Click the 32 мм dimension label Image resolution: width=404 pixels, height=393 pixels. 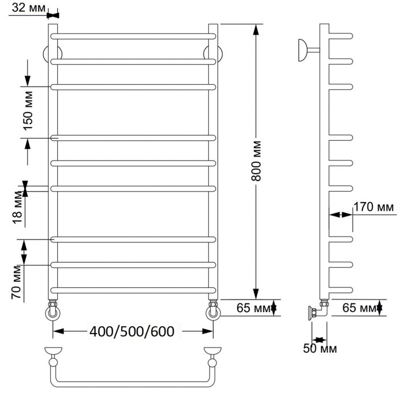(29, 8)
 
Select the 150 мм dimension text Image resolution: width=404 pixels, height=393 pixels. (28, 111)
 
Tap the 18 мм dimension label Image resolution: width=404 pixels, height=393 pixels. (18, 208)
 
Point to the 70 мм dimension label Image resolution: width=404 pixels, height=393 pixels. (17, 282)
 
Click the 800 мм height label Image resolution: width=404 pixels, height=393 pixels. (256, 161)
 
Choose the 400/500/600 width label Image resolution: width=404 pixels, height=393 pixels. (132, 331)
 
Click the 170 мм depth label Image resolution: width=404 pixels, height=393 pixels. (373, 207)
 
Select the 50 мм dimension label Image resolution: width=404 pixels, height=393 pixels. (320, 349)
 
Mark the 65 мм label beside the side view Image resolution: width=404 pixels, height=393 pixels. (359, 308)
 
